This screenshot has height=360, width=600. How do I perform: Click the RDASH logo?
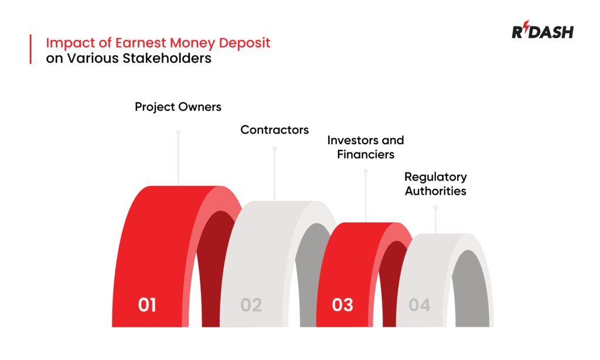point(542,32)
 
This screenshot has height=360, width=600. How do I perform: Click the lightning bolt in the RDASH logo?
point(525,29)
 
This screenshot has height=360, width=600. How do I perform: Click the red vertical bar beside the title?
point(30,49)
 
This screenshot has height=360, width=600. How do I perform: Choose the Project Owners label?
point(178,107)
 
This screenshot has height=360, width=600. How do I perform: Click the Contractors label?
point(274,130)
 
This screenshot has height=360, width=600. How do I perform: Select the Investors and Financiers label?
point(366,147)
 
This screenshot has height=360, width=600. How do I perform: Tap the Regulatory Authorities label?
point(435,184)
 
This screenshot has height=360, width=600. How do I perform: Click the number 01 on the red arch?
point(147,305)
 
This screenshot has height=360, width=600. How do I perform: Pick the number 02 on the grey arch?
point(251,305)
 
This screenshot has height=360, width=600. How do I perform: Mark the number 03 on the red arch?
point(342,305)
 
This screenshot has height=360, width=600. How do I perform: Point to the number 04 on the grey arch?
point(420,305)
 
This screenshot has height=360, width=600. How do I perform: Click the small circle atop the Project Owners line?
point(178,133)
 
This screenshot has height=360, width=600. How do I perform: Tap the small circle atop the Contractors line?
point(274,149)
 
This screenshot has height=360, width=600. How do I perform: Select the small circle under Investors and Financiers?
point(366,171)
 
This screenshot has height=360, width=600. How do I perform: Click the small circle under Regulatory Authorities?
point(435,207)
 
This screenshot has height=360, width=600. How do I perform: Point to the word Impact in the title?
point(64,43)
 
